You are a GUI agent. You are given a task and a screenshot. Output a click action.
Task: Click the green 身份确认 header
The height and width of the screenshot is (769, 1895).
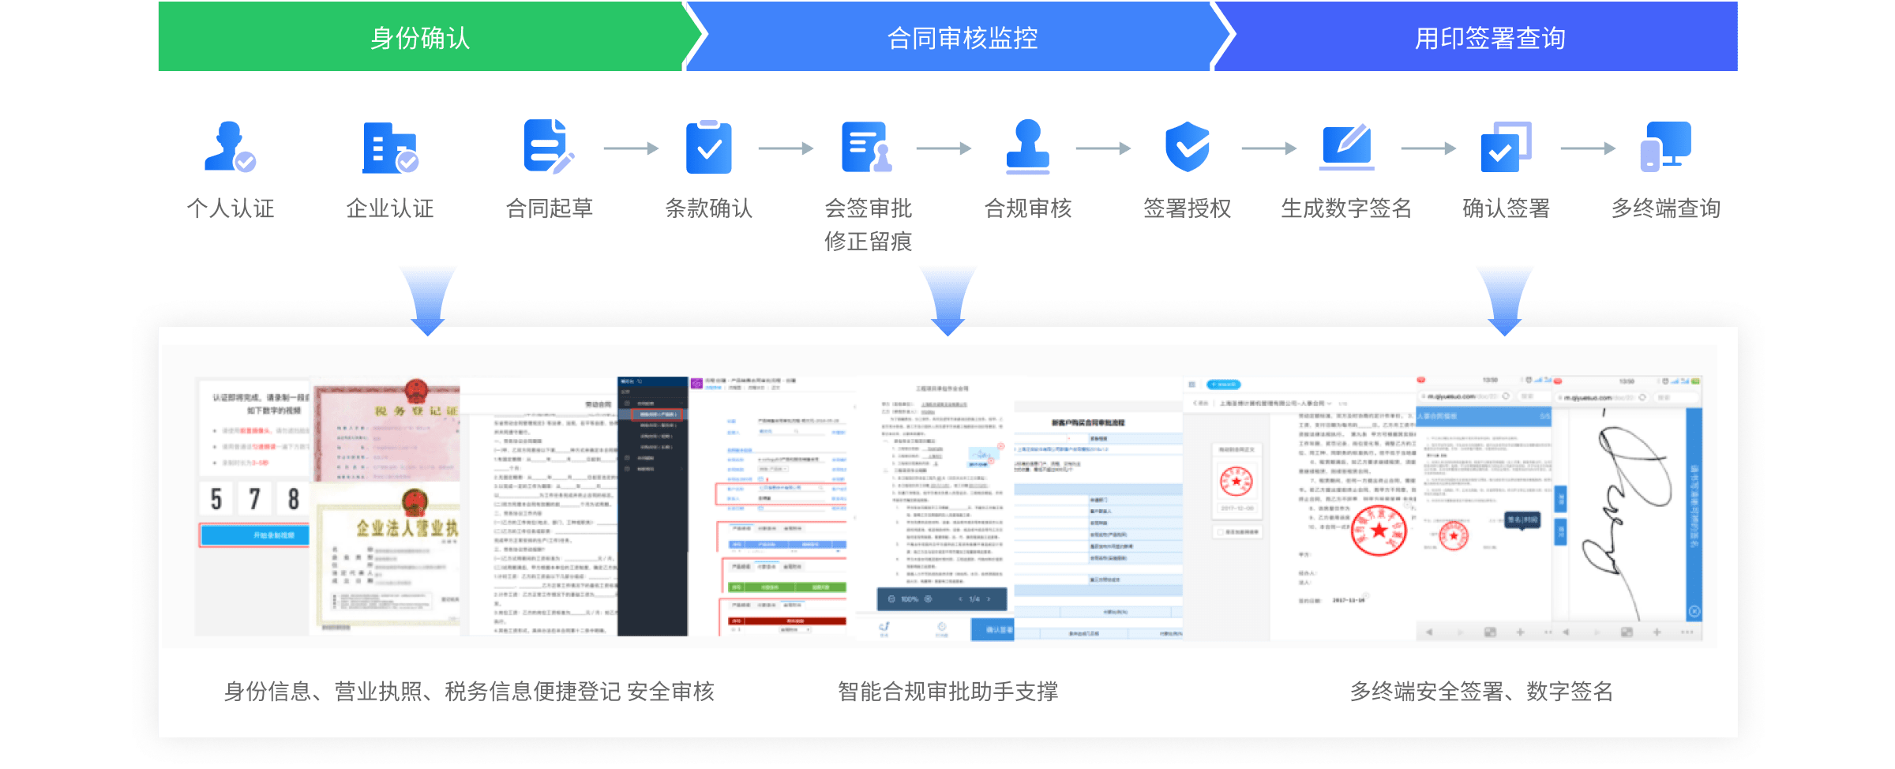pos(420,37)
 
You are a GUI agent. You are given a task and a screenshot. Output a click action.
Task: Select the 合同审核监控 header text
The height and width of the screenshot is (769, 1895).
pos(962,38)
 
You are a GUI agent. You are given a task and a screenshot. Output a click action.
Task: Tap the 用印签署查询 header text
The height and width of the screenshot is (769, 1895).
pos(1489,38)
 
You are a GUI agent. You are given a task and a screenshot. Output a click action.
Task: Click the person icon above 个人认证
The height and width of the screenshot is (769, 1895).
pos(230,147)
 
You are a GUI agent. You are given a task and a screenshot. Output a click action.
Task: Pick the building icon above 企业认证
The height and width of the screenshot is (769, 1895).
pos(390,148)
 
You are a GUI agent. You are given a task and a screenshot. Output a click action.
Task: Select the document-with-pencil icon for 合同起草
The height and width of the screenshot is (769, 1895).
pos(549,147)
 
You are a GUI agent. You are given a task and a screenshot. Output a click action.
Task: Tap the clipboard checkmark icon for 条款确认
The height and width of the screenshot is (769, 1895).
pos(708,147)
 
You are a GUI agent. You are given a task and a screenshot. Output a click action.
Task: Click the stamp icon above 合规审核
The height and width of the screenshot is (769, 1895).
pos(1027,147)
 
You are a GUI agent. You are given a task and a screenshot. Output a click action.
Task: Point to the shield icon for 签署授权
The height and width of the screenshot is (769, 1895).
pos(1187,147)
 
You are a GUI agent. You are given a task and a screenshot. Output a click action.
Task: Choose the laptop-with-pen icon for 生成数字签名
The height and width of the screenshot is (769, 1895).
pos(1347,147)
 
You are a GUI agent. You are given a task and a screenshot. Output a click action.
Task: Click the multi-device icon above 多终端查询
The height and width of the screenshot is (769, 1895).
pos(1665,147)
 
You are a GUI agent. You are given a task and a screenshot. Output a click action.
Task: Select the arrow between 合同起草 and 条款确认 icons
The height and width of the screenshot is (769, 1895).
pos(631,148)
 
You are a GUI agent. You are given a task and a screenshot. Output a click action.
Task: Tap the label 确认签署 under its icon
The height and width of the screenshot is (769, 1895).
pos(1506,208)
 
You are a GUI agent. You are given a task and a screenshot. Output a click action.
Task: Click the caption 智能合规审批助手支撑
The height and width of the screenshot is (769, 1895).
pos(947,692)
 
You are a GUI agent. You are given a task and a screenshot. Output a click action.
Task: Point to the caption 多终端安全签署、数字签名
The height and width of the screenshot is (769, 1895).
pos(1481,692)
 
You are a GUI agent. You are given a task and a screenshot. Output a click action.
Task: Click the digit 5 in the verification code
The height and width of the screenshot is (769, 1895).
pos(216,499)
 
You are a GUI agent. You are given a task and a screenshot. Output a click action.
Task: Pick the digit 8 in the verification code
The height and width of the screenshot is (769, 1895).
pos(293,499)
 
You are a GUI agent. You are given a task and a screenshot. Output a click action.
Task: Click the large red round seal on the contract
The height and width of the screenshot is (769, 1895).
pos(1379,530)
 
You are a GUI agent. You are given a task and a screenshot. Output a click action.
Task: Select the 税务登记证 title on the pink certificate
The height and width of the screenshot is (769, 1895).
pos(415,411)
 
